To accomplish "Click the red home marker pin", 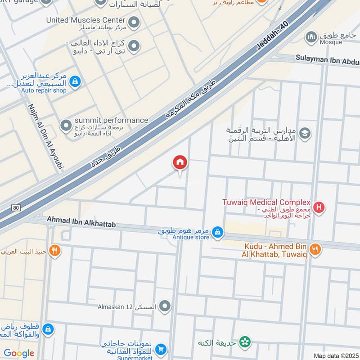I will [180, 163].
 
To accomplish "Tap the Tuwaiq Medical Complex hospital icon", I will [319, 207].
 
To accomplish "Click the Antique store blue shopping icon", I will [217, 232].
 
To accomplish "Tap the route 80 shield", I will [17, 208].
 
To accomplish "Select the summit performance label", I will [111, 120].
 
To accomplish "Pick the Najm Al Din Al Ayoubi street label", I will [45, 137].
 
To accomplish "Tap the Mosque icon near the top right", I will [311, 36].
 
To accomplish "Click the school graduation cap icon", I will [305, 134].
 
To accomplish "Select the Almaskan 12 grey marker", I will [165, 306].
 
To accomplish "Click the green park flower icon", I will [245, 342].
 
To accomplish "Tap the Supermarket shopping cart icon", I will [161, 349].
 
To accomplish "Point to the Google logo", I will [19, 353].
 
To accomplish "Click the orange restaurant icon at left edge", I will [55, 251].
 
